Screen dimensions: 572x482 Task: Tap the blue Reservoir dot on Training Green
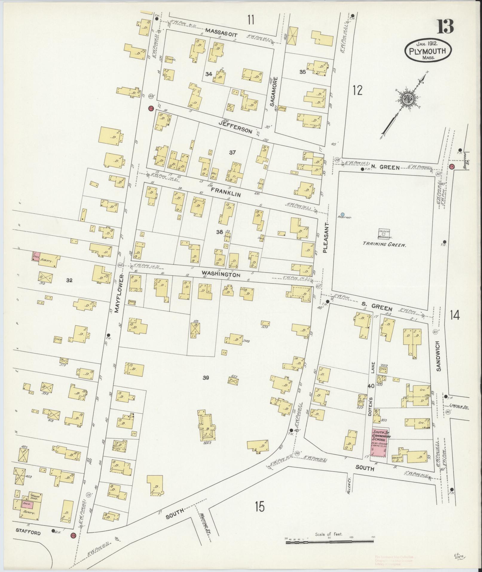(342, 214)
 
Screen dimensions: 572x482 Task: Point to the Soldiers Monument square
(383, 234)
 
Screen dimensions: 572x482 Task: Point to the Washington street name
(221, 274)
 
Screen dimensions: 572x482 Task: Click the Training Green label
(384, 244)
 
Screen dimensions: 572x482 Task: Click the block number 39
(206, 378)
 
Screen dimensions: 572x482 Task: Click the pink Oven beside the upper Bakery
(36, 257)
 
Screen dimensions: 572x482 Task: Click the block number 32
(69, 280)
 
